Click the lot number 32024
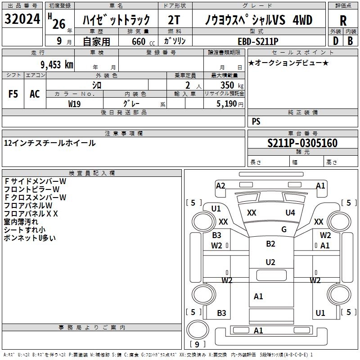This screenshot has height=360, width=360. [22, 19]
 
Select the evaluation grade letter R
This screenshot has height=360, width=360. [343, 21]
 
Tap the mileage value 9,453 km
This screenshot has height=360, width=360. [57, 65]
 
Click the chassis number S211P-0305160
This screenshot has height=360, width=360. [302, 143]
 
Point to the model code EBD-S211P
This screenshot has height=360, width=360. [258, 41]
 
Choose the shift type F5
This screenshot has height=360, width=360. [13, 94]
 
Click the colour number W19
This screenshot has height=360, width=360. [74, 104]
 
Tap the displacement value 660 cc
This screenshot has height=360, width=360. [143, 41]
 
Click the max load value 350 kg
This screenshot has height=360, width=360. [232, 85]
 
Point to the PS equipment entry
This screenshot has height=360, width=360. [256, 121]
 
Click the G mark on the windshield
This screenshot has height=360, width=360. [284, 229]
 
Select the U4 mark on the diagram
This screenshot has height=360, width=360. [290, 212]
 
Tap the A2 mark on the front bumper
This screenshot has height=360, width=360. [220, 185]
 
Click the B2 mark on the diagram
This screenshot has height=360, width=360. [270, 243]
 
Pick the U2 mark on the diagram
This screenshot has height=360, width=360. [270, 262]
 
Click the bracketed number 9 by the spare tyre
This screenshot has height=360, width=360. [197, 344]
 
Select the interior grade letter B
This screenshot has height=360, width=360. [350, 41]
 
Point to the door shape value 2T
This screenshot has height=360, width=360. [174, 20]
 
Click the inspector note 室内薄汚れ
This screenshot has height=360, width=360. [21, 222]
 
